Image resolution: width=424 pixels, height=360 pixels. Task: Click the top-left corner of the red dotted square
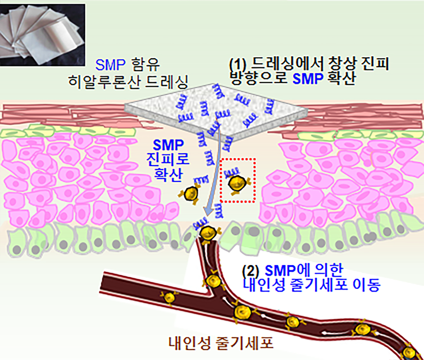tap(221, 159)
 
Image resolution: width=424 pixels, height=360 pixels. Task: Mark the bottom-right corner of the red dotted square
tap(254, 202)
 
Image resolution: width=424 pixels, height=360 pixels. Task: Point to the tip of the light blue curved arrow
tap(205, 216)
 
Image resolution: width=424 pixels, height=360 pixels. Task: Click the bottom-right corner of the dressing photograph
tap(85, 66)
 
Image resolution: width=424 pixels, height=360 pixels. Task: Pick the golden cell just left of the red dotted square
tap(191, 193)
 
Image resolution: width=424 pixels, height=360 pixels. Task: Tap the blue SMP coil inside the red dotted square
tap(232, 171)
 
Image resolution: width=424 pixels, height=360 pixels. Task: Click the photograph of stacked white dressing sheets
tap(43, 35)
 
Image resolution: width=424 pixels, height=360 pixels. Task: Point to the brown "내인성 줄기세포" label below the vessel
tap(221, 343)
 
